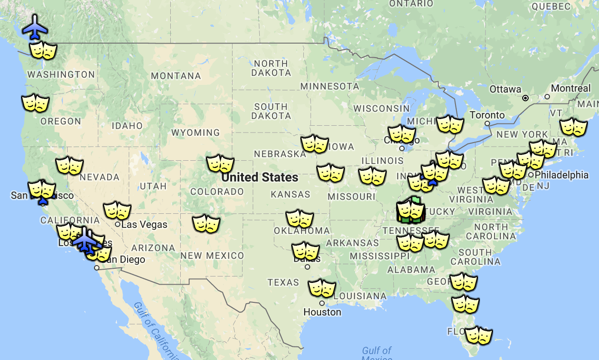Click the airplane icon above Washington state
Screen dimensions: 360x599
click(35, 27)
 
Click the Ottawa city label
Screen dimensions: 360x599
click(505, 89)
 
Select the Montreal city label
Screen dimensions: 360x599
click(571, 88)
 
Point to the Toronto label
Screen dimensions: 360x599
click(487, 115)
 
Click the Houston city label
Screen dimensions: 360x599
click(322, 312)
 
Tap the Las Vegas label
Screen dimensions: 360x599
click(144, 224)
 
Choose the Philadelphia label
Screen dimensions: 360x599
click(561, 175)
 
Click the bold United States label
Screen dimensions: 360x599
click(260, 177)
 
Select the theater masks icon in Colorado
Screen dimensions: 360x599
click(220, 163)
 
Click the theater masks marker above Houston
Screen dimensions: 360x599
click(322, 288)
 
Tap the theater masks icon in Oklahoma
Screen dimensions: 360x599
click(300, 219)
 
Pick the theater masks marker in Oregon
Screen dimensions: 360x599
click(35, 104)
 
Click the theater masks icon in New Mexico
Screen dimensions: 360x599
click(206, 224)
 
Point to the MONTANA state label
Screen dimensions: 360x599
click(176, 76)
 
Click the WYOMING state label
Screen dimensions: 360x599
click(195, 133)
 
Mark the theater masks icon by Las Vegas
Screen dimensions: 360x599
click(117, 211)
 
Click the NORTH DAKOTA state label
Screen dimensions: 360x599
click(271, 68)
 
